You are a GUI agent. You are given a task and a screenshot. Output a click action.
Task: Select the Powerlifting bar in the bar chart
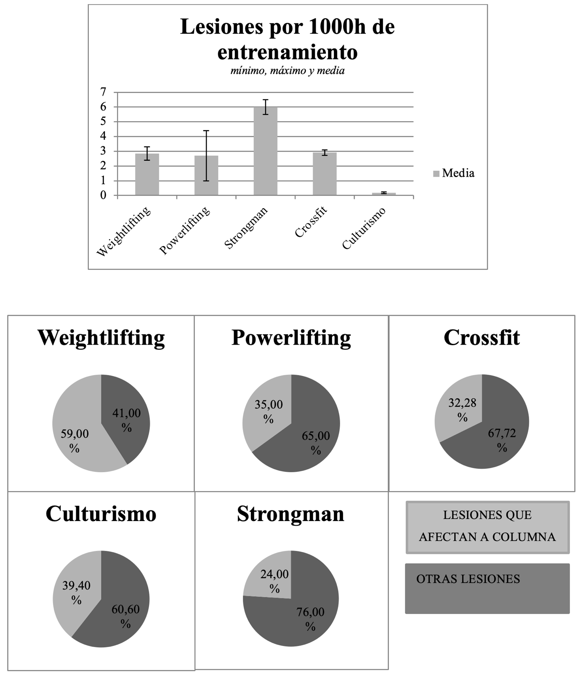(x=206, y=177)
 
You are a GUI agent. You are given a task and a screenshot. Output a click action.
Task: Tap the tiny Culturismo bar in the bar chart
(x=383, y=194)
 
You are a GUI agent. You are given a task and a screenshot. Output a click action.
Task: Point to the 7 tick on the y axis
(x=103, y=92)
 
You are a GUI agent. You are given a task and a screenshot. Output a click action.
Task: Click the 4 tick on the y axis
(x=103, y=136)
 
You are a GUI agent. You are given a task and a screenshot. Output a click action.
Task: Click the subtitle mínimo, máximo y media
(x=287, y=71)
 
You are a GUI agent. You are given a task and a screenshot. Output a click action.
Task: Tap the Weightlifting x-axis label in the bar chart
(x=124, y=231)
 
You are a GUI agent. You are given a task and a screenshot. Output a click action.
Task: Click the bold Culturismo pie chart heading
(x=101, y=514)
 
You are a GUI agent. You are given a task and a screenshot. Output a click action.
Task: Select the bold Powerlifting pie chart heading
(x=291, y=338)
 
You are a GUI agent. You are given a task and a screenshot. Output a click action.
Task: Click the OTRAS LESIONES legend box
(x=487, y=588)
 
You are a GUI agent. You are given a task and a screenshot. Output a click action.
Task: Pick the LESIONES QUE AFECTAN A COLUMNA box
(x=487, y=526)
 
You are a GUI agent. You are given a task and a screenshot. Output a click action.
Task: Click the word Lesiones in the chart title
(x=217, y=27)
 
